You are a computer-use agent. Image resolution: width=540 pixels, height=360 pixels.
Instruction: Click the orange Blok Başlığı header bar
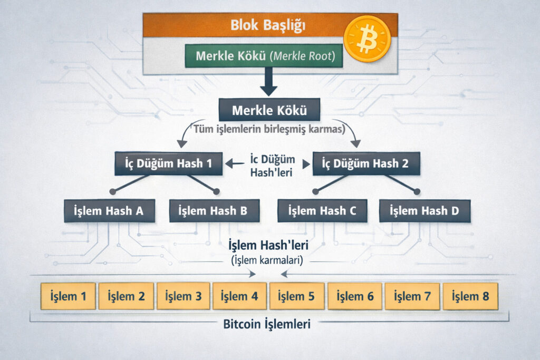pyautogui.click(x=248, y=25)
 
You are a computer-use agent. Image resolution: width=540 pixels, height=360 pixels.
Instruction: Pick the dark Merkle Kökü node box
pyautogui.click(x=269, y=111)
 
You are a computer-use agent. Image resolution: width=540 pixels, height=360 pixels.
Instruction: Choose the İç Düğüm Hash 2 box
pyautogui.click(x=367, y=164)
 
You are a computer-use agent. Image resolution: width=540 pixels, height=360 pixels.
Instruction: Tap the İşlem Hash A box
pyautogui.click(x=110, y=211)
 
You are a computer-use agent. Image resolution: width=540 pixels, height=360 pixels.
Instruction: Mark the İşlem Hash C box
pyautogui.click(x=322, y=211)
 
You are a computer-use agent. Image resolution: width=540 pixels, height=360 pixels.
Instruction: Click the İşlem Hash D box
pyautogui.click(x=424, y=211)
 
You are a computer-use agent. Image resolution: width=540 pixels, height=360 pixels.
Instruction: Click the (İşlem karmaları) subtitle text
pyautogui.click(x=268, y=260)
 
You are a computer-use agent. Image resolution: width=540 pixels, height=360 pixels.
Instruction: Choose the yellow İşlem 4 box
pyautogui.click(x=239, y=296)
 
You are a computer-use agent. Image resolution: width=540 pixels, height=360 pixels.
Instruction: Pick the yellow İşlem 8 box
pyautogui.click(x=470, y=296)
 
